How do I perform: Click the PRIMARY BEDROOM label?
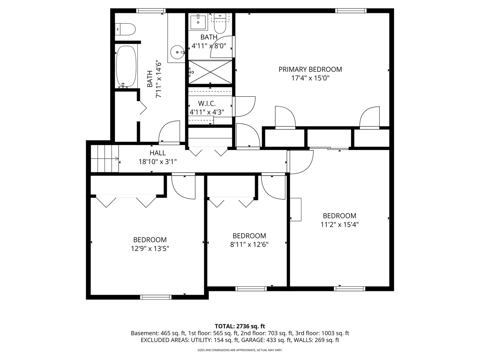tap(310, 69)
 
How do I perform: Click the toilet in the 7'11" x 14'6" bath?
tap(125, 29)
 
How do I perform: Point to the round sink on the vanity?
tap(177, 52)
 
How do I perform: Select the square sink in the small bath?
tap(198, 22)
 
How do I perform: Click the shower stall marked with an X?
tap(210, 72)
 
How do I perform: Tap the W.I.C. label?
tap(207, 104)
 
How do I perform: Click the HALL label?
tap(157, 153)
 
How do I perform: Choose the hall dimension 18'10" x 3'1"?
tap(157, 162)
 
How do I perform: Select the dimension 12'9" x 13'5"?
tap(150, 249)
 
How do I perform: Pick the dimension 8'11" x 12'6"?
tap(249, 245)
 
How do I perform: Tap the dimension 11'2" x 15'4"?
tap(339, 225)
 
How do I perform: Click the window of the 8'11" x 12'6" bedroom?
tap(251, 289)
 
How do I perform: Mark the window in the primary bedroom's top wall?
tap(351, 11)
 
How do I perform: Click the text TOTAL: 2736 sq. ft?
tap(240, 326)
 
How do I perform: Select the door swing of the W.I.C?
tap(244, 106)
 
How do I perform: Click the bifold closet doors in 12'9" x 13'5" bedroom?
tap(126, 201)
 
